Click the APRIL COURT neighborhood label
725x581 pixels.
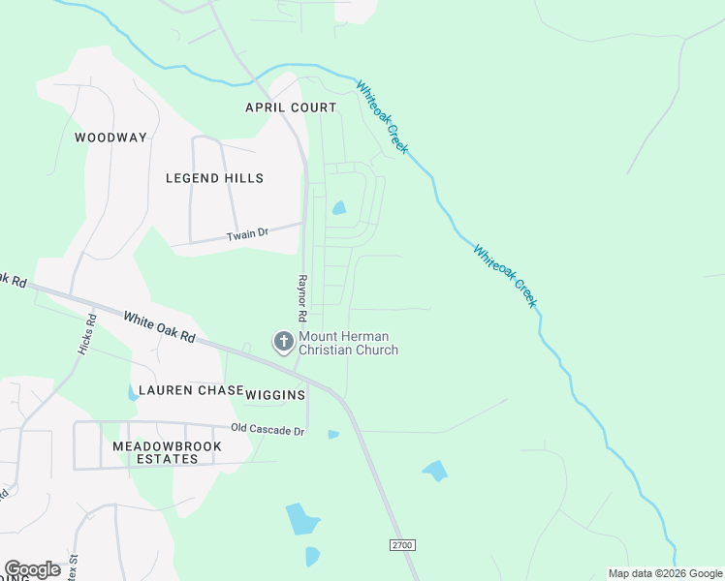(x=291, y=107)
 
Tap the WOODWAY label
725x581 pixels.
(x=110, y=138)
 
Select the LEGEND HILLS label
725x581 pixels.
(x=214, y=178)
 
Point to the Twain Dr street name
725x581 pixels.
(x=245, y=235)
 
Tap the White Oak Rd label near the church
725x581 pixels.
(x=159, y=327)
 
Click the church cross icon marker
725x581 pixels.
(x=283, y=341)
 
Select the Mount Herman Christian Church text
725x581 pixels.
(x=348, y=343)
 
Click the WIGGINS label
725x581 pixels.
(x=275, y=395)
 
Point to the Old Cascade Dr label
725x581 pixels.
(x=268, y=429)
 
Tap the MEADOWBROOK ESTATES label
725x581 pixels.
(x=167, y=452)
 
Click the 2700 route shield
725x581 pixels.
(x=402, y=545)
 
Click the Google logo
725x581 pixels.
(x=32, y=569)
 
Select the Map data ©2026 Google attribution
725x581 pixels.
(x=665, y=573)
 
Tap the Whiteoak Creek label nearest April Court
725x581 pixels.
(x=382, y=117)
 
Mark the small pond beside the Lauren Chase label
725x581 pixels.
(x=132, y=393)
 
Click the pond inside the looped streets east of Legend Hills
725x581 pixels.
(x=338, y=207)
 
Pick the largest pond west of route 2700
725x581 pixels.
(x=301, y=520)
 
